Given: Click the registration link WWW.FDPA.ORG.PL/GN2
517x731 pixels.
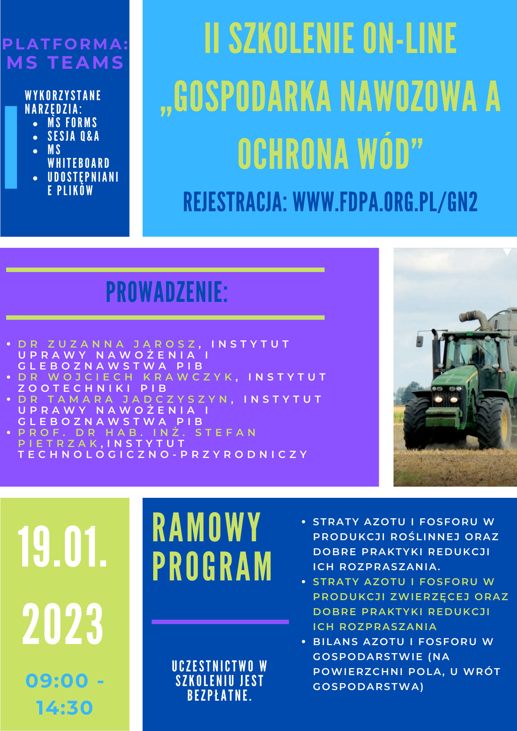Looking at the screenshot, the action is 385,202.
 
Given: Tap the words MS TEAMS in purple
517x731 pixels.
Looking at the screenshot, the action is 65,63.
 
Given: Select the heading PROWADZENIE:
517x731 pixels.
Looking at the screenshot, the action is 167,292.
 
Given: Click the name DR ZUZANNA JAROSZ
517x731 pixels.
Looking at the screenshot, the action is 107,344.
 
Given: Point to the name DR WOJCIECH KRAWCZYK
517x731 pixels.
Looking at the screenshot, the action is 126,377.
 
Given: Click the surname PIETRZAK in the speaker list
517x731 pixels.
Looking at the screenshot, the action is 59,443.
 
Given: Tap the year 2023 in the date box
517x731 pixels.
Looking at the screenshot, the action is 63,624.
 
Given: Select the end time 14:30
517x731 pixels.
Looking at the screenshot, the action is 64,708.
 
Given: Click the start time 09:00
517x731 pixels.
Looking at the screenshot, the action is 57,681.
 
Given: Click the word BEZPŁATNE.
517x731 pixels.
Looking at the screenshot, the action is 219,695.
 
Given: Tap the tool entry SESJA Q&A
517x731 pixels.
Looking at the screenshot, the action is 73,136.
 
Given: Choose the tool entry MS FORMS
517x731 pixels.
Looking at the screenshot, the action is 72,122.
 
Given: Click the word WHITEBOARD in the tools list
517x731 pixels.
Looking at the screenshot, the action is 79,163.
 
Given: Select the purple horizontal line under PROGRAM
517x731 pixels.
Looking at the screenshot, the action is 220,622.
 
